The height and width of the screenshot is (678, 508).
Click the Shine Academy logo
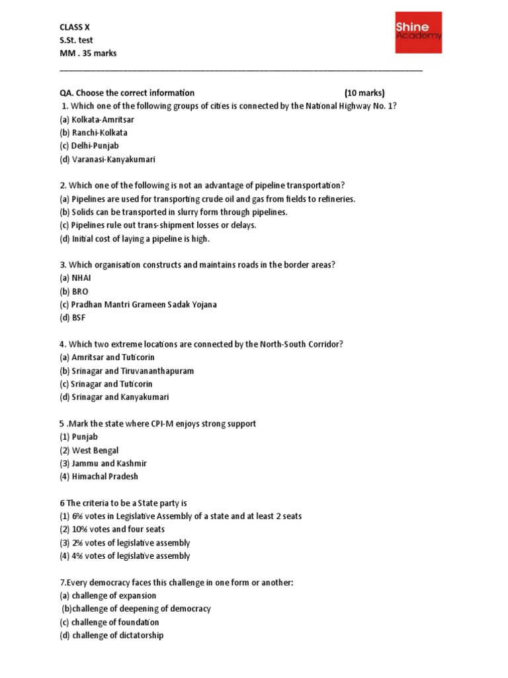pyautogui.click(x=418, y=32)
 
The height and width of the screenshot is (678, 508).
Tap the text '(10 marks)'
pyautogui.click(x=364, y=93)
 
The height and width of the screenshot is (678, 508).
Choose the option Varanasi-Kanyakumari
pyautogui.click(x=107, y=160)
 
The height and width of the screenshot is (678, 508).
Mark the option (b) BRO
pyautogui.click(x=73, y=291)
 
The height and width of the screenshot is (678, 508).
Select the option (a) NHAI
pyautogui.click(x=75, y=278)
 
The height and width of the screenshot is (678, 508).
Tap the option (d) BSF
pyautogui.click(x=72, y=318)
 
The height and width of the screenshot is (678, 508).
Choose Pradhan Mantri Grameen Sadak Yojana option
pyautogui.click(x=138, y=305)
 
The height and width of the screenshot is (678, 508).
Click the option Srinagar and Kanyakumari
pyautogui.click(x=114, y=397)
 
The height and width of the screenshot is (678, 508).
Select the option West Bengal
pyautogui.click(x=89, y=450)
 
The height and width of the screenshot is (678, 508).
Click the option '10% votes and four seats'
pyautogui.click(x=112, y=530)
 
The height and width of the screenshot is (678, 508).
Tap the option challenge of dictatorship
pyautogui.click(x=111, y=636)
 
